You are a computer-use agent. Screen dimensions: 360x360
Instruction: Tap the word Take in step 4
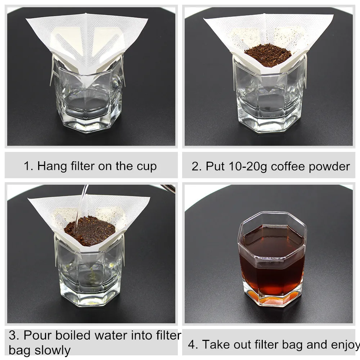[217, 345]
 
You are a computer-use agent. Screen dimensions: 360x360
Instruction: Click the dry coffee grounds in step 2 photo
[268, 55]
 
